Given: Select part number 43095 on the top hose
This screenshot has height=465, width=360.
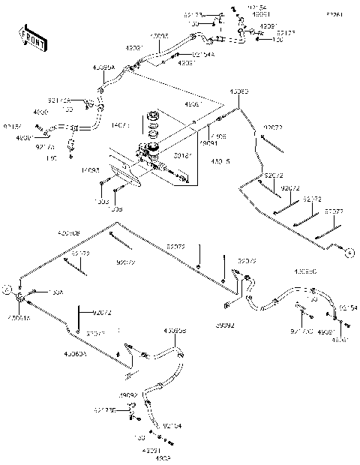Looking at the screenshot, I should click(x=159, y=35).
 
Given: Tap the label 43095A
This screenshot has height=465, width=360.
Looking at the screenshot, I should click(x=103, y=67).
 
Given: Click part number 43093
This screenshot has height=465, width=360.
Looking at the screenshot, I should click(x=238, y=91).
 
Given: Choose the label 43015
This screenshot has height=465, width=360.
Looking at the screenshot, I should click(x=220, y=163).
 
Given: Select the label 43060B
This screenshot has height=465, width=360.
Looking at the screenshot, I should click(x=69, y=233).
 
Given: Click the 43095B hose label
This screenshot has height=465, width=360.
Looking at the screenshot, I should click(x=175, y=330).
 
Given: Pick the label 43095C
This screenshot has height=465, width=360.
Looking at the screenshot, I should click(x=305, y=271).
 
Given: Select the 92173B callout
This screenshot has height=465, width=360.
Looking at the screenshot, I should click(x=105, y=409).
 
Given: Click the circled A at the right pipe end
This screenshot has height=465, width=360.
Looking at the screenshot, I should click(x=349, y=253).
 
